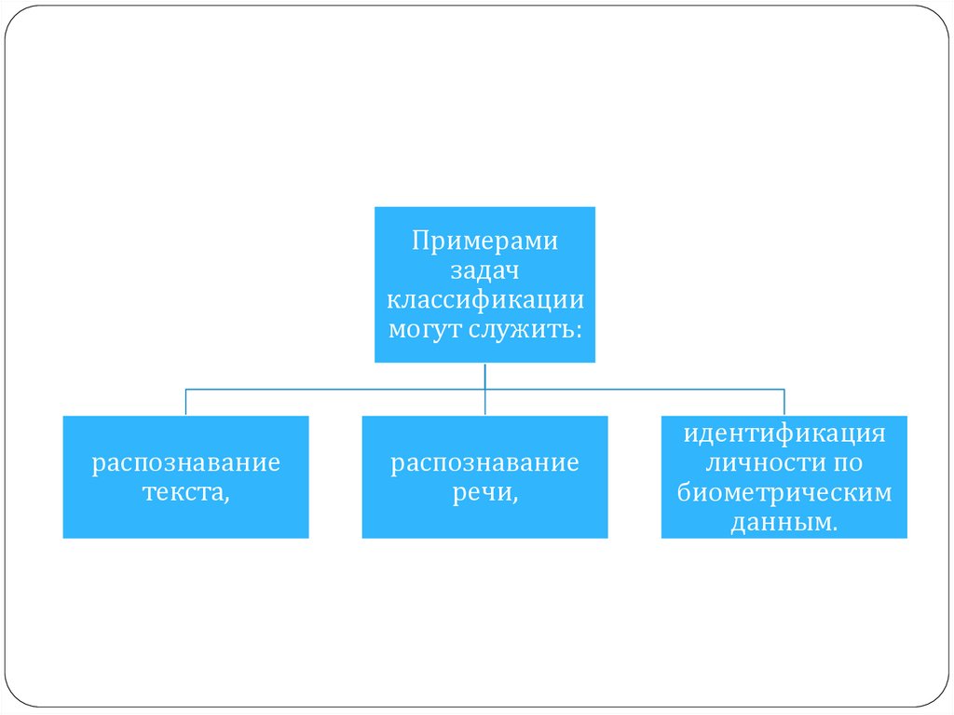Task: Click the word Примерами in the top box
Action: (x=484, y=241)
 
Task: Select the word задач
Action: (x=484, y=270)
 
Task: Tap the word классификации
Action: (x=484, y=300)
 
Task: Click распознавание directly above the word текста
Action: (x=186, y=462)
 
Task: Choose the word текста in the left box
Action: (x=184, y=492)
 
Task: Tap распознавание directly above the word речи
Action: (x=485, y=462)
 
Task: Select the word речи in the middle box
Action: (x=482, y=492)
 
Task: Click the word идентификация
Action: (x=784, y=433)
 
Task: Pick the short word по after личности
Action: (x=848, y=462)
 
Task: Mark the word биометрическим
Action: (x=784, y=492)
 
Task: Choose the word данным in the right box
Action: (x=780, y=522)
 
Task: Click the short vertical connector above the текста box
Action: (x=186, y=402)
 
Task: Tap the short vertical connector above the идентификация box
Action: (x=784, y=402)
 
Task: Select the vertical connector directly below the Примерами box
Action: (x=485, y=376)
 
